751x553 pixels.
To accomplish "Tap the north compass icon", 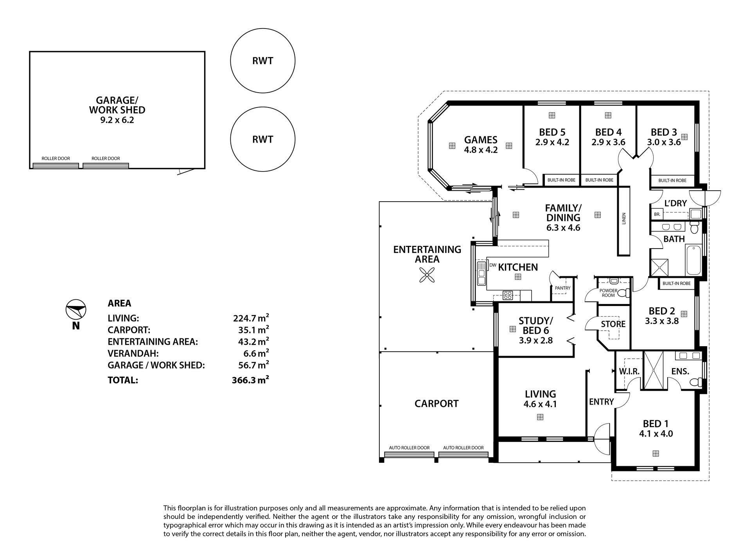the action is click(75, 310).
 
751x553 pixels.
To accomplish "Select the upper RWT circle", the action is click(262, 61).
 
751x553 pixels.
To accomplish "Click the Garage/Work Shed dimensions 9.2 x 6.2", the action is click(117, 120).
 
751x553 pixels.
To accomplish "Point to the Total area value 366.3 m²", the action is click(250, 380).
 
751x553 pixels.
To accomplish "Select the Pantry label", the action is click(563, 288).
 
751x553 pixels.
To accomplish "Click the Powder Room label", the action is click(608, 293).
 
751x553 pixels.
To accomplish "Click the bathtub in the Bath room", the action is click(694, 260).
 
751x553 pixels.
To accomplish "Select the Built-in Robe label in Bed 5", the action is click(561, 180).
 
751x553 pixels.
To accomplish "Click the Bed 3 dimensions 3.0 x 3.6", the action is click(664, 142).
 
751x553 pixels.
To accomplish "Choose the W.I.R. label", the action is click(629, 372).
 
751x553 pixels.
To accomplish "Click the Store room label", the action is click(613, 324).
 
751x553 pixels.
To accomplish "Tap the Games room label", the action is click(481, 140).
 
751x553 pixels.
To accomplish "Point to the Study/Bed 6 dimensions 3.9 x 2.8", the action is click(536, 340).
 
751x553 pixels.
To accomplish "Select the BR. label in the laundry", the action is click(657, 215).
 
